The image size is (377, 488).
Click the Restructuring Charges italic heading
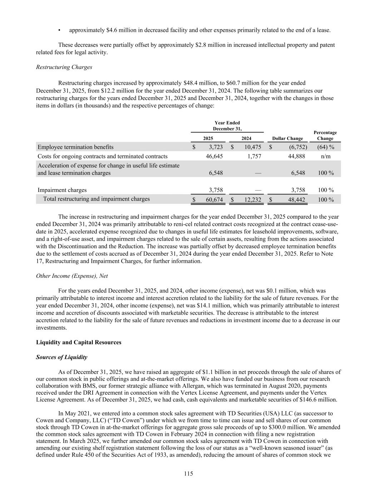point(64,67)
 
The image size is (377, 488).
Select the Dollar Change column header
point(287,138)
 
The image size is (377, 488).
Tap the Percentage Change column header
point(325,135)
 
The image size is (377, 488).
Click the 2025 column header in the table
point(208,138)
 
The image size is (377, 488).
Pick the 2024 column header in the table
point(246,138)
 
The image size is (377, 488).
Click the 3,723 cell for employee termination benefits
point(215,147)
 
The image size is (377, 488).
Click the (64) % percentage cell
point(325,147)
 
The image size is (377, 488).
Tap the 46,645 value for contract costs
point(214,156)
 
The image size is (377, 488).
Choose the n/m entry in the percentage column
point(325,156)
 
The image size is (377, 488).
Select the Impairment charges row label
point(62,190)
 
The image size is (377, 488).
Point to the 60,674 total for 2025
point(214,199)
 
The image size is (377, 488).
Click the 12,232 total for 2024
point(252,199)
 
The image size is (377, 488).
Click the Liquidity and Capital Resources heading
point(79,342)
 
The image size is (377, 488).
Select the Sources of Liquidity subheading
point(61,357)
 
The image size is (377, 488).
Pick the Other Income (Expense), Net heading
point(72,276)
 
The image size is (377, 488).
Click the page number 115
point(188,474)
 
